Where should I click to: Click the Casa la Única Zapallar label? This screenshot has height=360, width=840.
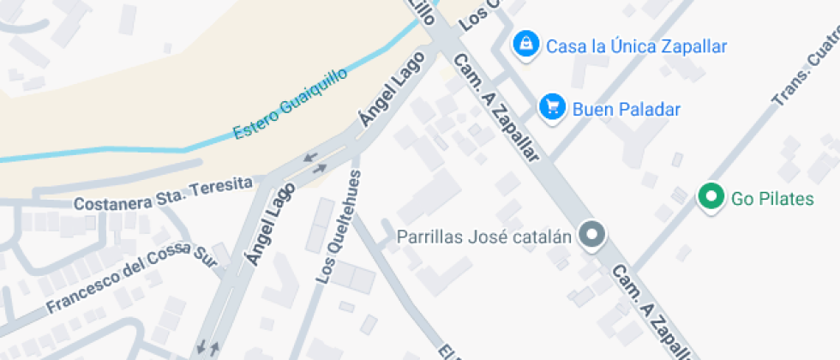tap(636, 45)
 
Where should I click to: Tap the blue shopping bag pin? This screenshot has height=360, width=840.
tap(525, 43)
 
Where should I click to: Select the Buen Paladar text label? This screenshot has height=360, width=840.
tap(626, 109)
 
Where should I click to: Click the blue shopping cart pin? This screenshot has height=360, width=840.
tap(552, 107)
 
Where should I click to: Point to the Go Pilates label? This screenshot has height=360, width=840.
tap(772, 199)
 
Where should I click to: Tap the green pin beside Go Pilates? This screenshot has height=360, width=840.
tap(710, 197)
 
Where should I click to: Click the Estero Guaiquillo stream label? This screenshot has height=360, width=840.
tap(291, 105)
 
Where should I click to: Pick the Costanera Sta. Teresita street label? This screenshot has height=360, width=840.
tap(164, 195)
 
